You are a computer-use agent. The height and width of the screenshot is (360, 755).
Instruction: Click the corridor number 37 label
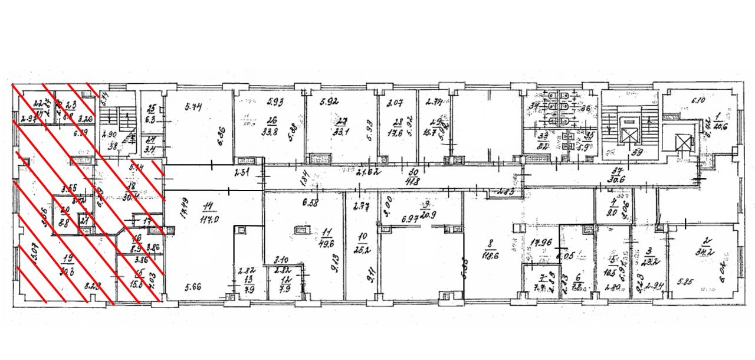(618, 169)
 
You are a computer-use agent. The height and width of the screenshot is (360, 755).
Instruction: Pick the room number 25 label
(150, 109)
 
